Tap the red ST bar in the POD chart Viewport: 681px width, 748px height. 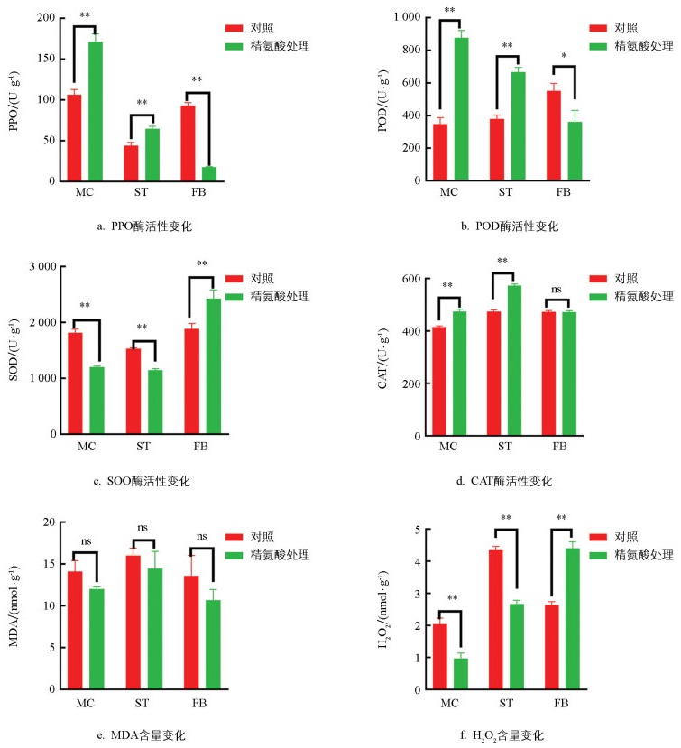pyautogui.click(x=496, y=149)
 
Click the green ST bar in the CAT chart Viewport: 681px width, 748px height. pyautogui.click(x=515, y=360)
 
